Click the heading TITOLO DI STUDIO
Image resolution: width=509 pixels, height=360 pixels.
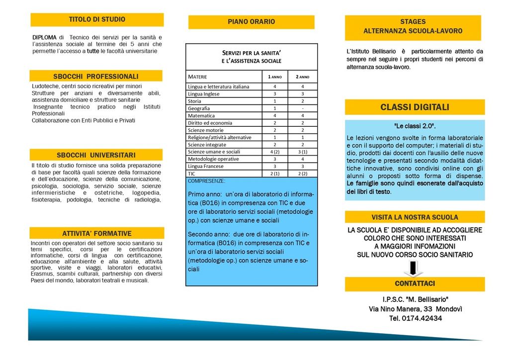[x=97, y=19]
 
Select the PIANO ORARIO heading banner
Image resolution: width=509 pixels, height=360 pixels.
[x=251, y=22]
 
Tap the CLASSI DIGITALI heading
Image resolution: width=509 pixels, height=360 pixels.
[x=415, y=107]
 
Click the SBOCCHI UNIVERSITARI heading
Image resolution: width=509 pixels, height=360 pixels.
[x=96, y=155]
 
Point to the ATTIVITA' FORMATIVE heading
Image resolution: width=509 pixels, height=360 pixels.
[x=96, y=233]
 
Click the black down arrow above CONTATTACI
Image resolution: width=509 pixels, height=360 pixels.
[x=413, y=269]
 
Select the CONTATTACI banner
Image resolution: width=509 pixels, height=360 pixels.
[x=415, y=283]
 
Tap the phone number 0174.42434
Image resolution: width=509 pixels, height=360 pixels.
[x=422, y=318]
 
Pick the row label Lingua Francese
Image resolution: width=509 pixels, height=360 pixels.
[x=206, y=166]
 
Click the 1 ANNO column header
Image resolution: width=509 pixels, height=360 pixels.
[x=275, y=77]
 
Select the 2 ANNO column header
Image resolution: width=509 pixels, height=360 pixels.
[x=303, y=77]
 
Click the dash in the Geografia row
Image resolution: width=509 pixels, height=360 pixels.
[x=303, y=108]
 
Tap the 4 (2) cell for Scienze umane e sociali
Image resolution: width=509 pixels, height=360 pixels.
[x=275, y=152]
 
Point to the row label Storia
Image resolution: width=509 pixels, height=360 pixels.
[x=194, y=101]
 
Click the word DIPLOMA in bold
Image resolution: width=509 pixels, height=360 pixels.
[x=44, y=37]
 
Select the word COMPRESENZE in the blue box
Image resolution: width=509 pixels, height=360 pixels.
[x=206, y=181]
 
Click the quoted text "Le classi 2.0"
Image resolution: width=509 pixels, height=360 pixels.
[x=415, y=126]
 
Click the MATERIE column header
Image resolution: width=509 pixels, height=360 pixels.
[x=197, y=77]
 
